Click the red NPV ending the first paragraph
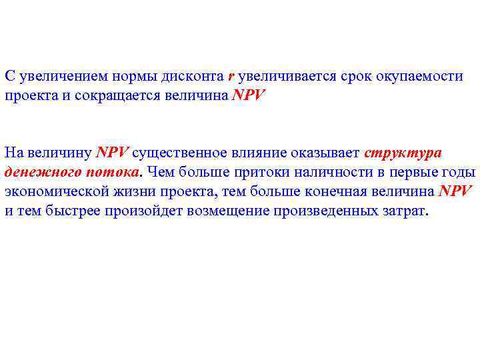pyautogui.click(x=248, y=96)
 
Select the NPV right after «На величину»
pyautogui.click(x=112, y=153)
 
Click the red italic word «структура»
pyautogui.click(x=403, y=153)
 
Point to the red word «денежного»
pyautogui.click(x=42, y=172)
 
